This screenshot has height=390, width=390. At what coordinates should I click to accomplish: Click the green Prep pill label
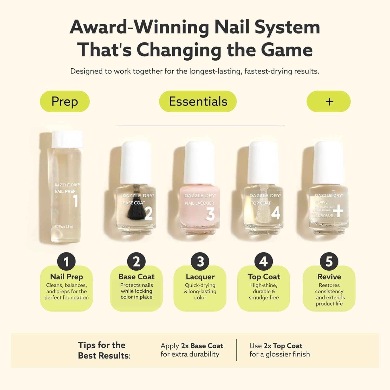pyautogui.click(x=64, y=101)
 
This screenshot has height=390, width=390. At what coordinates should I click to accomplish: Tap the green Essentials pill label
pyautogui.click(x=198, y=101)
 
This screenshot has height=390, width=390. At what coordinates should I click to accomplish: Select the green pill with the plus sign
pyautogui.click(x=329, y=101)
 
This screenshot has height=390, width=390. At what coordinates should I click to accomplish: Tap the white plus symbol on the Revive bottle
pyautogui.click(x=338, y=211)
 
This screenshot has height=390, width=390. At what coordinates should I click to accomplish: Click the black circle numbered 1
pyautogui.click(x=66, y=262)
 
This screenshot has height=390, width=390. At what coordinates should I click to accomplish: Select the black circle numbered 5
pyautogui.click(x=329, y=262)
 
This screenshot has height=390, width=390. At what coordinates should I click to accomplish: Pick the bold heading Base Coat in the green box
pyautogui.click(x=136, y=277)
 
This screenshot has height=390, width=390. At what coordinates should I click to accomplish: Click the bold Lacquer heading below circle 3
pyautogui.click(x=200, y=277)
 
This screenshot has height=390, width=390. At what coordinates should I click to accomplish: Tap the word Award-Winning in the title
pyautogui.click(x=139, y=27)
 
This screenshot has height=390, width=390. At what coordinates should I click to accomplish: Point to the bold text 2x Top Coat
pyautogui.click(x=283, y=346)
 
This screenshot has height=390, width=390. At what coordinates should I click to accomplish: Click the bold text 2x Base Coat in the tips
pyautogui.click(x=202, y=346)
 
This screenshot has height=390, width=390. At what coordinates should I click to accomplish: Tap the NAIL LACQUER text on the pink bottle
pyautogui.click(x=199, y=203)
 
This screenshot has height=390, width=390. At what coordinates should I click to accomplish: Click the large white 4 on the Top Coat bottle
pyautogui.click(x=276, y=213)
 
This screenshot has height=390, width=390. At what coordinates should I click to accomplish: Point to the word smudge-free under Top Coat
pyautogui.click(x=264, y=297)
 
